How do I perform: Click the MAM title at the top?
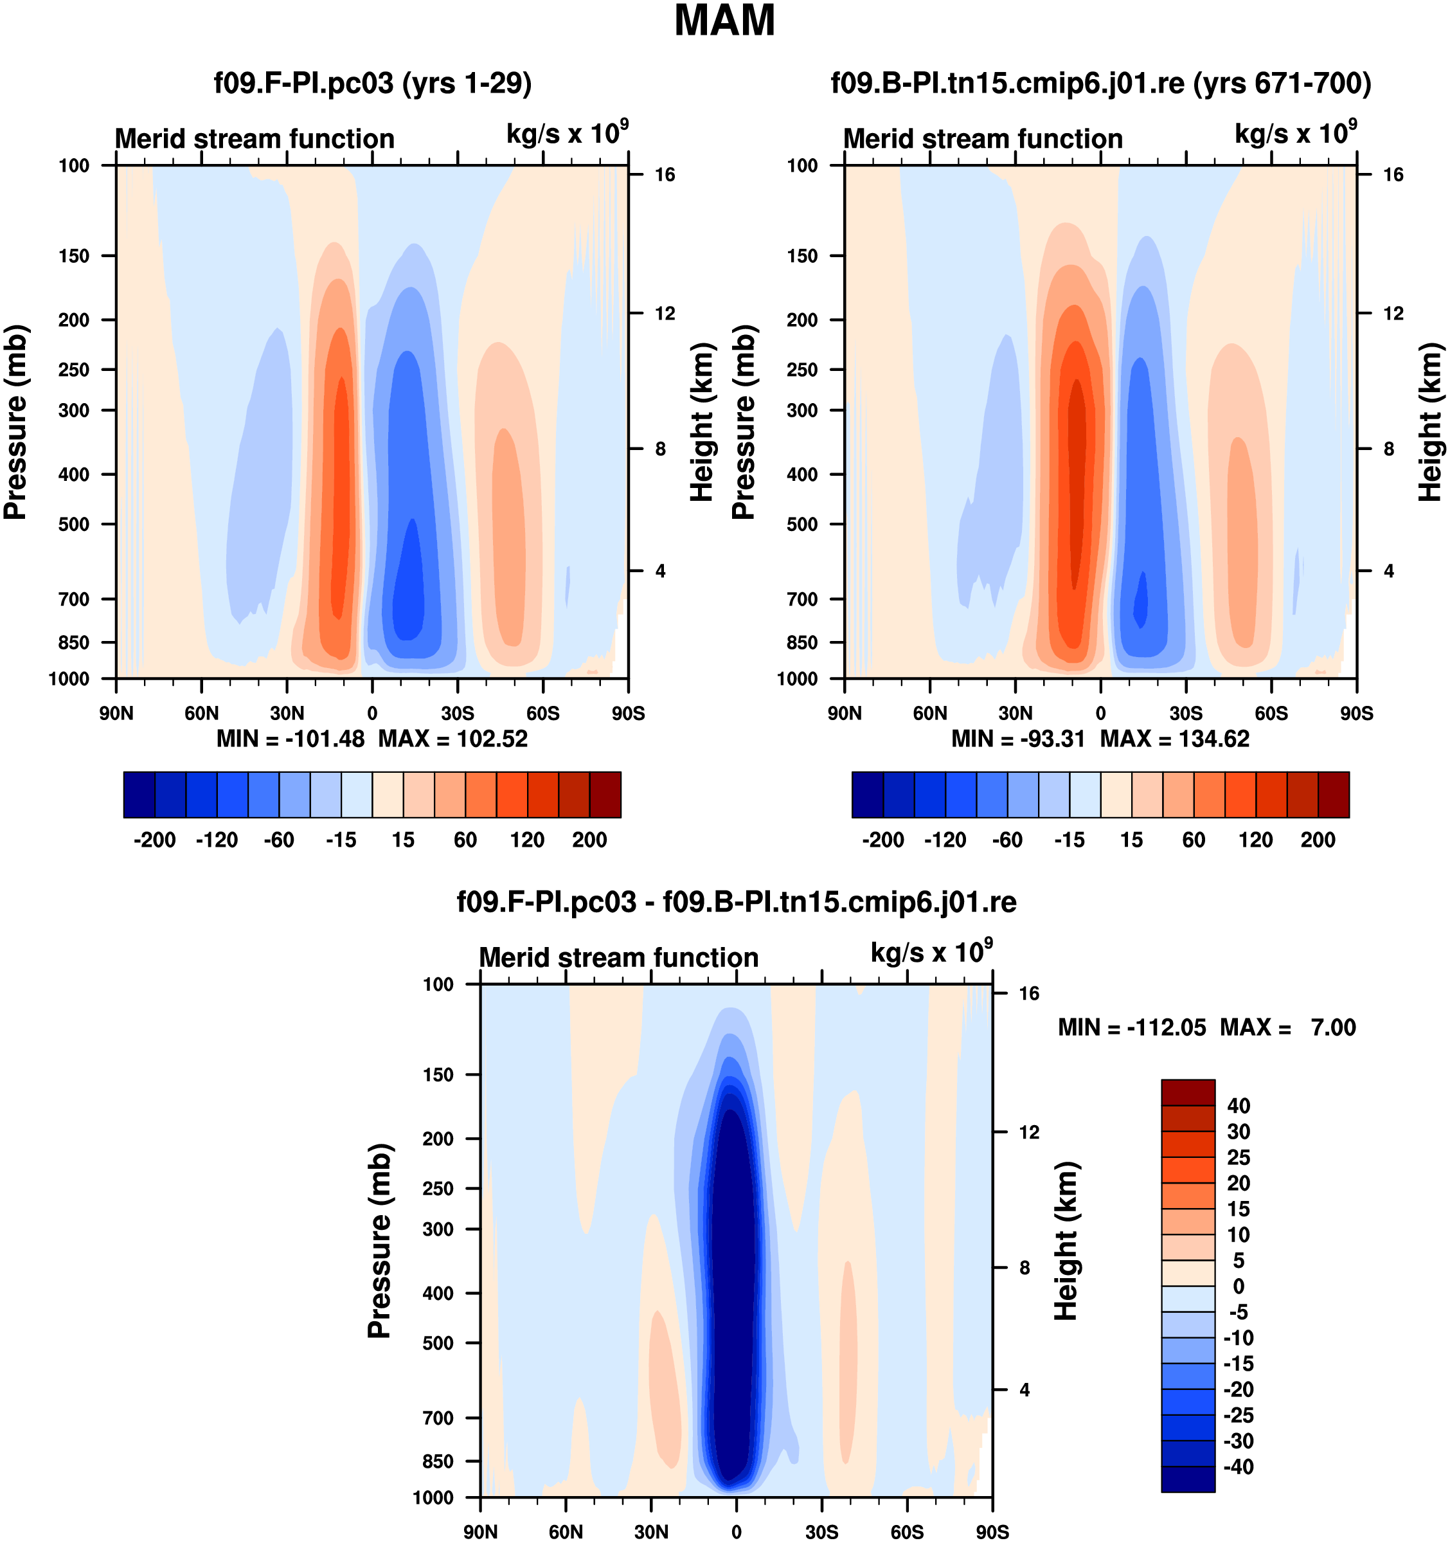click(724, 21)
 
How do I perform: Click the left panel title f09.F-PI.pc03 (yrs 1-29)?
click(372, 82)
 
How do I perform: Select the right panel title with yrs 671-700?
click(1100, 82)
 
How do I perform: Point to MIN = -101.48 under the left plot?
click(290, 738)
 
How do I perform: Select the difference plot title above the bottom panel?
click(737, 902)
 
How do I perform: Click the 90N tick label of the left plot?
click(116, 713)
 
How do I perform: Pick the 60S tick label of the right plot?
click(1271, 713)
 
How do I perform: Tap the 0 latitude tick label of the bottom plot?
click(737, 1531)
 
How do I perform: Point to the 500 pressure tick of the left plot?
click(74, 525)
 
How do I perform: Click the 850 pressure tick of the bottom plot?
click(438, 1461)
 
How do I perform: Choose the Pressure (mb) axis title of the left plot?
click(15, 422)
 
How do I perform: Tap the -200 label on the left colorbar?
click(154, 840)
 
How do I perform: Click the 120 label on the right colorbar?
click(1255, 840)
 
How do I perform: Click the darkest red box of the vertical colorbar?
click(1188, 1092)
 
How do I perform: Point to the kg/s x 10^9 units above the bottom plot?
click(931, 952)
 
